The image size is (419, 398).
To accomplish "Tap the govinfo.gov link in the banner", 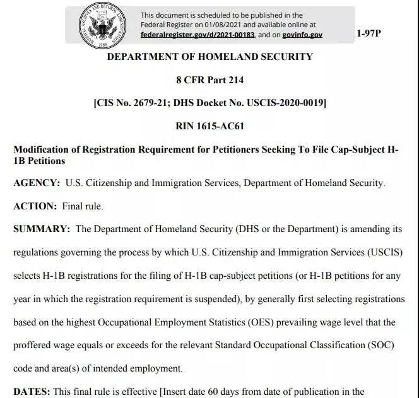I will tap(302, 35).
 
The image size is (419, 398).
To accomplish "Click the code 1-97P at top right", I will tap(369, 33).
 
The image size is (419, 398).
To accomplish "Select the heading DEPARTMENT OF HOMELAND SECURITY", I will tap(209, 57).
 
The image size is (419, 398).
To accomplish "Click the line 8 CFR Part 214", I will tap(209, 80).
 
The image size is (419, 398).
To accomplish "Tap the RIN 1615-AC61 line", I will tap(209, 126).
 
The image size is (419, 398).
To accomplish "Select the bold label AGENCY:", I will tap(37, 183).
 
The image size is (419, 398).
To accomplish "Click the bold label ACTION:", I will tap(35, 206).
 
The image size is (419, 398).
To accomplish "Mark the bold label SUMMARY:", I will tap(42, 229).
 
